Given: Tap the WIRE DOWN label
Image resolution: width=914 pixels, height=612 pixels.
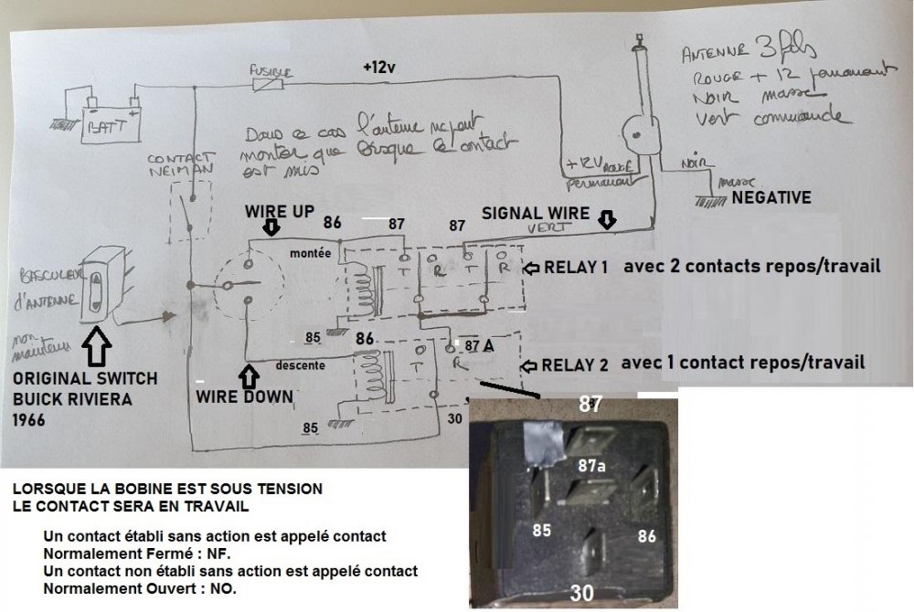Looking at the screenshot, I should [245, 398].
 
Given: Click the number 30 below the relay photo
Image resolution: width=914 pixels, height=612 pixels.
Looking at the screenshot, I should [582, 593].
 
